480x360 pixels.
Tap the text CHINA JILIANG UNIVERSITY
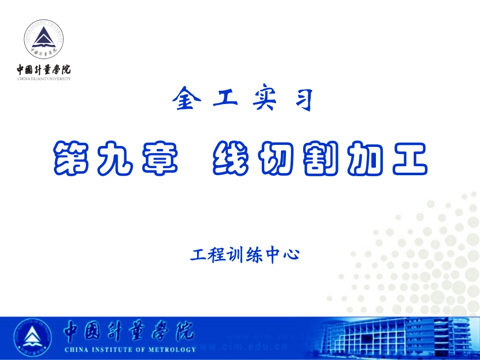[44, 79]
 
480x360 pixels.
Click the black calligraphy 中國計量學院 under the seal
[44, 69]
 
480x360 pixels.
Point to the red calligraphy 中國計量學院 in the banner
[128, 332]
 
